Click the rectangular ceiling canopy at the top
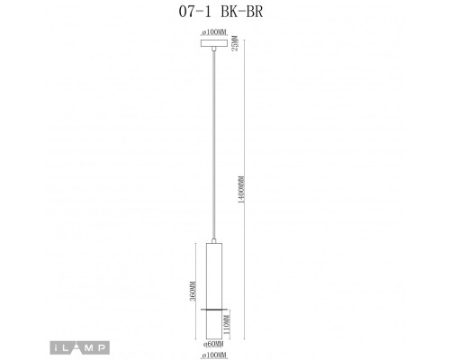pos(214,42)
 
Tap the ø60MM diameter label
pos(214,343)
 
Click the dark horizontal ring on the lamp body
pos(214,308)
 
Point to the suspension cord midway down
pos(214,144)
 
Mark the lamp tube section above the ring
pos(214,274)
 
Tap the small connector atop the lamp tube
pos(214,240)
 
